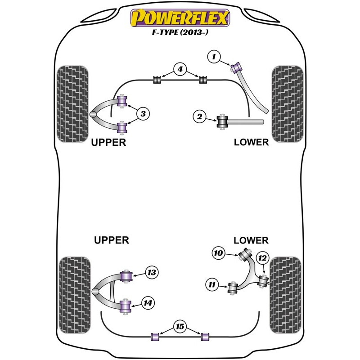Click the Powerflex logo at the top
pos(180,19)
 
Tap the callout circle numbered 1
pos(214,57)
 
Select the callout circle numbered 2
pos(199,117)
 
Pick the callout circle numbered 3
pos(143,114)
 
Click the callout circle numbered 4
pos(180,70)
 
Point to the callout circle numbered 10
pos(219,254)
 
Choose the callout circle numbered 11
pos(211,284)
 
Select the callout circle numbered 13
pos(152,272)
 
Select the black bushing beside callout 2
pos(222,122)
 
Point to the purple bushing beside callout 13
pos(127,274)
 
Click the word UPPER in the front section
pos(108,142)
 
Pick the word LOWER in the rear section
pos(251,240)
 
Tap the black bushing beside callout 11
pos(233,287)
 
